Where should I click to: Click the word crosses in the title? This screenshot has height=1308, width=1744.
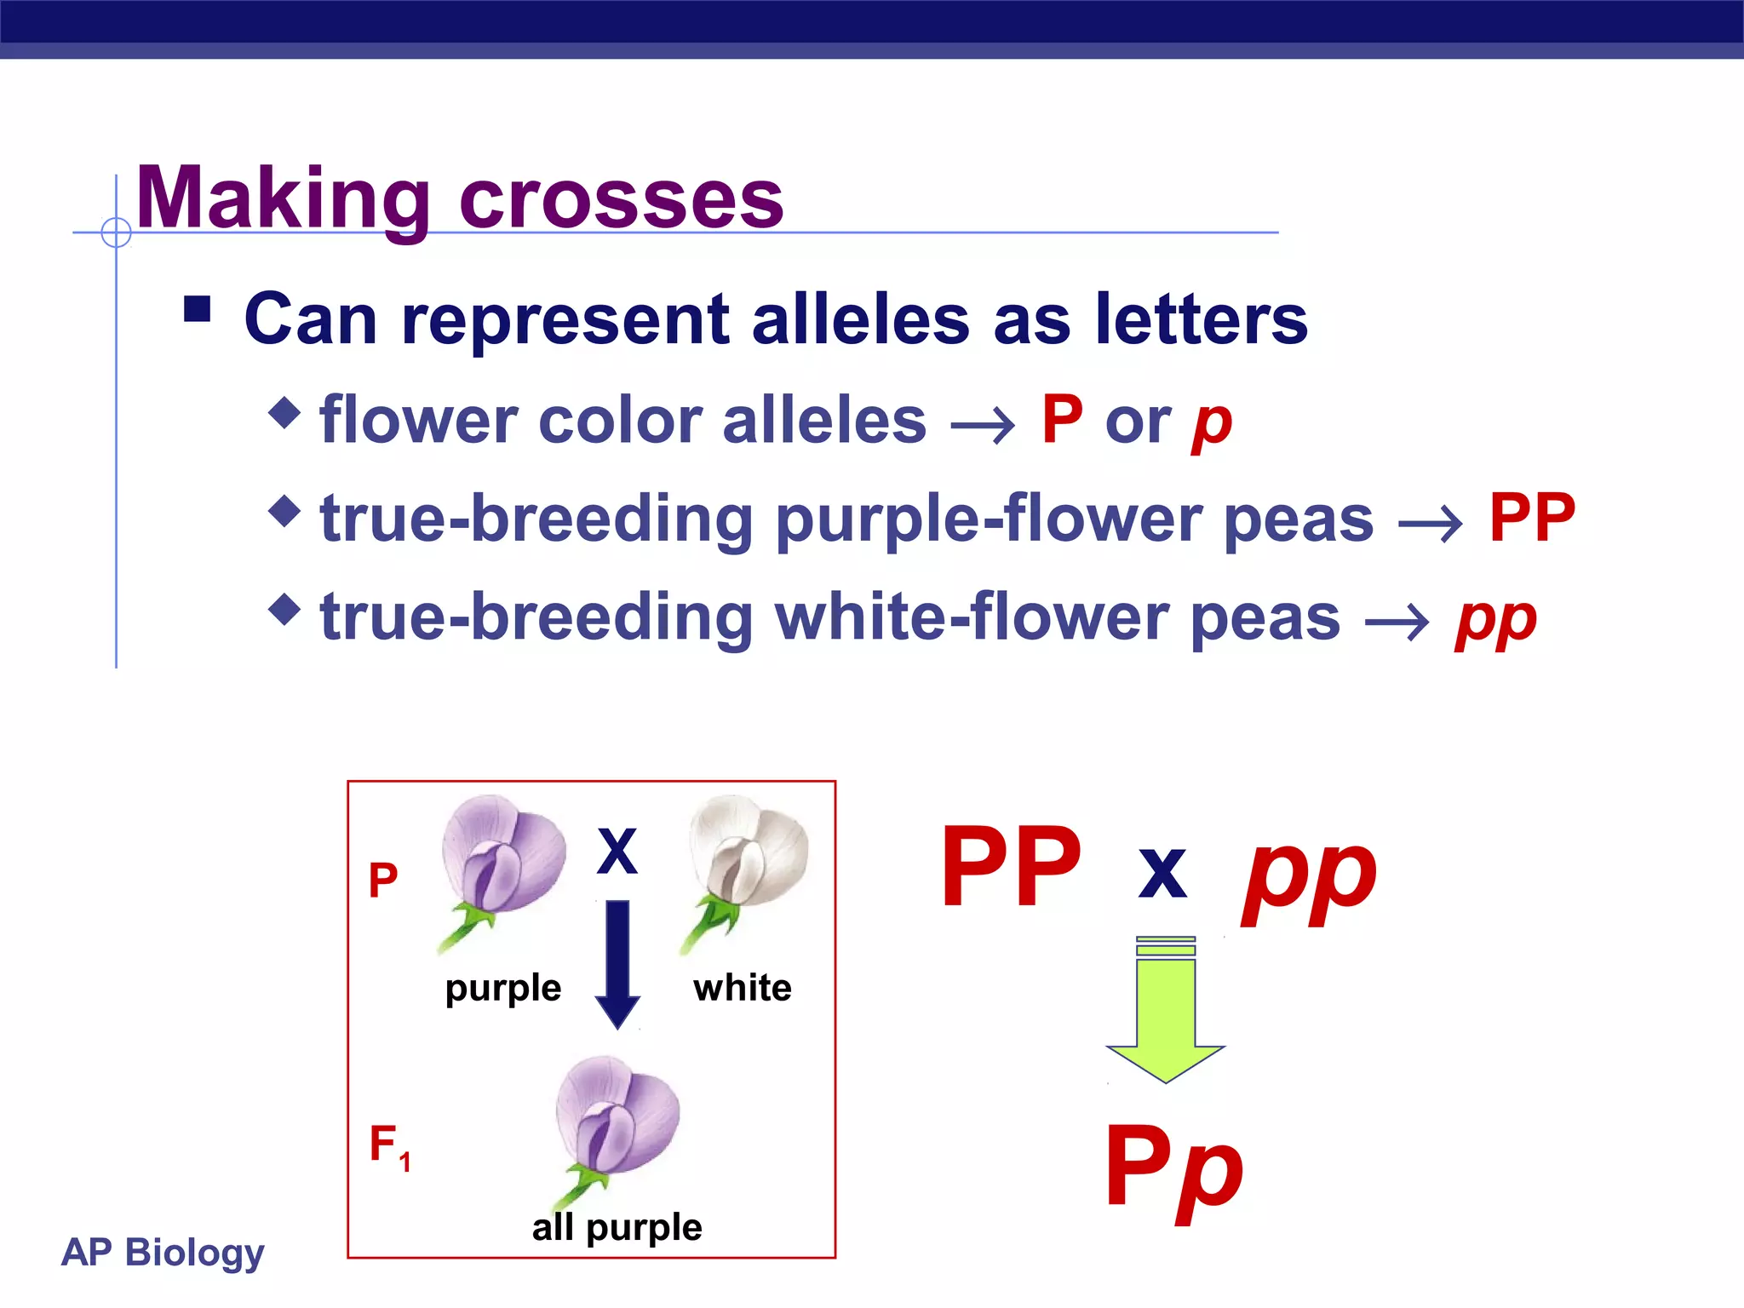621,201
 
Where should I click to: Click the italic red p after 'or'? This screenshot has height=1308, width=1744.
1212,423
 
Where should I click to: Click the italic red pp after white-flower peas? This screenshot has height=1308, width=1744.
1495,620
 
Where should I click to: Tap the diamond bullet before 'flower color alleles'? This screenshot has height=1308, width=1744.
284,413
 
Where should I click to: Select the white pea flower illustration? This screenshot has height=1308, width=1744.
744,864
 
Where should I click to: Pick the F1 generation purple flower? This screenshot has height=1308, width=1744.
613,1124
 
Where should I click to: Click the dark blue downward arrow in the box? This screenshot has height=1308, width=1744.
617,962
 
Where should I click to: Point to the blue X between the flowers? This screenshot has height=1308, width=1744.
617,851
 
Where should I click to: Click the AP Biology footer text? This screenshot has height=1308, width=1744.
163,1252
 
